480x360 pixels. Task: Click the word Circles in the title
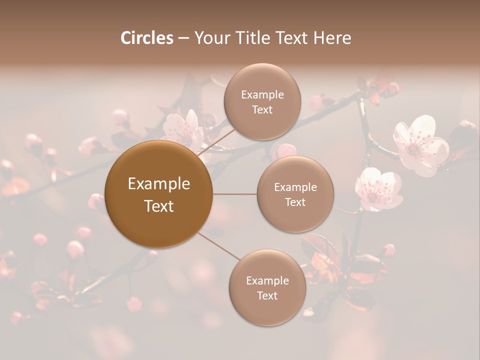tap(147, 38)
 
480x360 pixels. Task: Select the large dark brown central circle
tap(159, 194)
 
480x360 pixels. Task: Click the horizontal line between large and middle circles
tap(234, 194)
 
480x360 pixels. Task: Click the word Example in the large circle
tap(159, 184)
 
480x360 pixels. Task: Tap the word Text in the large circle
tap(159, 206)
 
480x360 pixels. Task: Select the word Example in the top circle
tap(262, 94)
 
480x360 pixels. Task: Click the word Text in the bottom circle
tap(267, 295)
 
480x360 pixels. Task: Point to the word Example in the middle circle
tap(295, 187)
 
